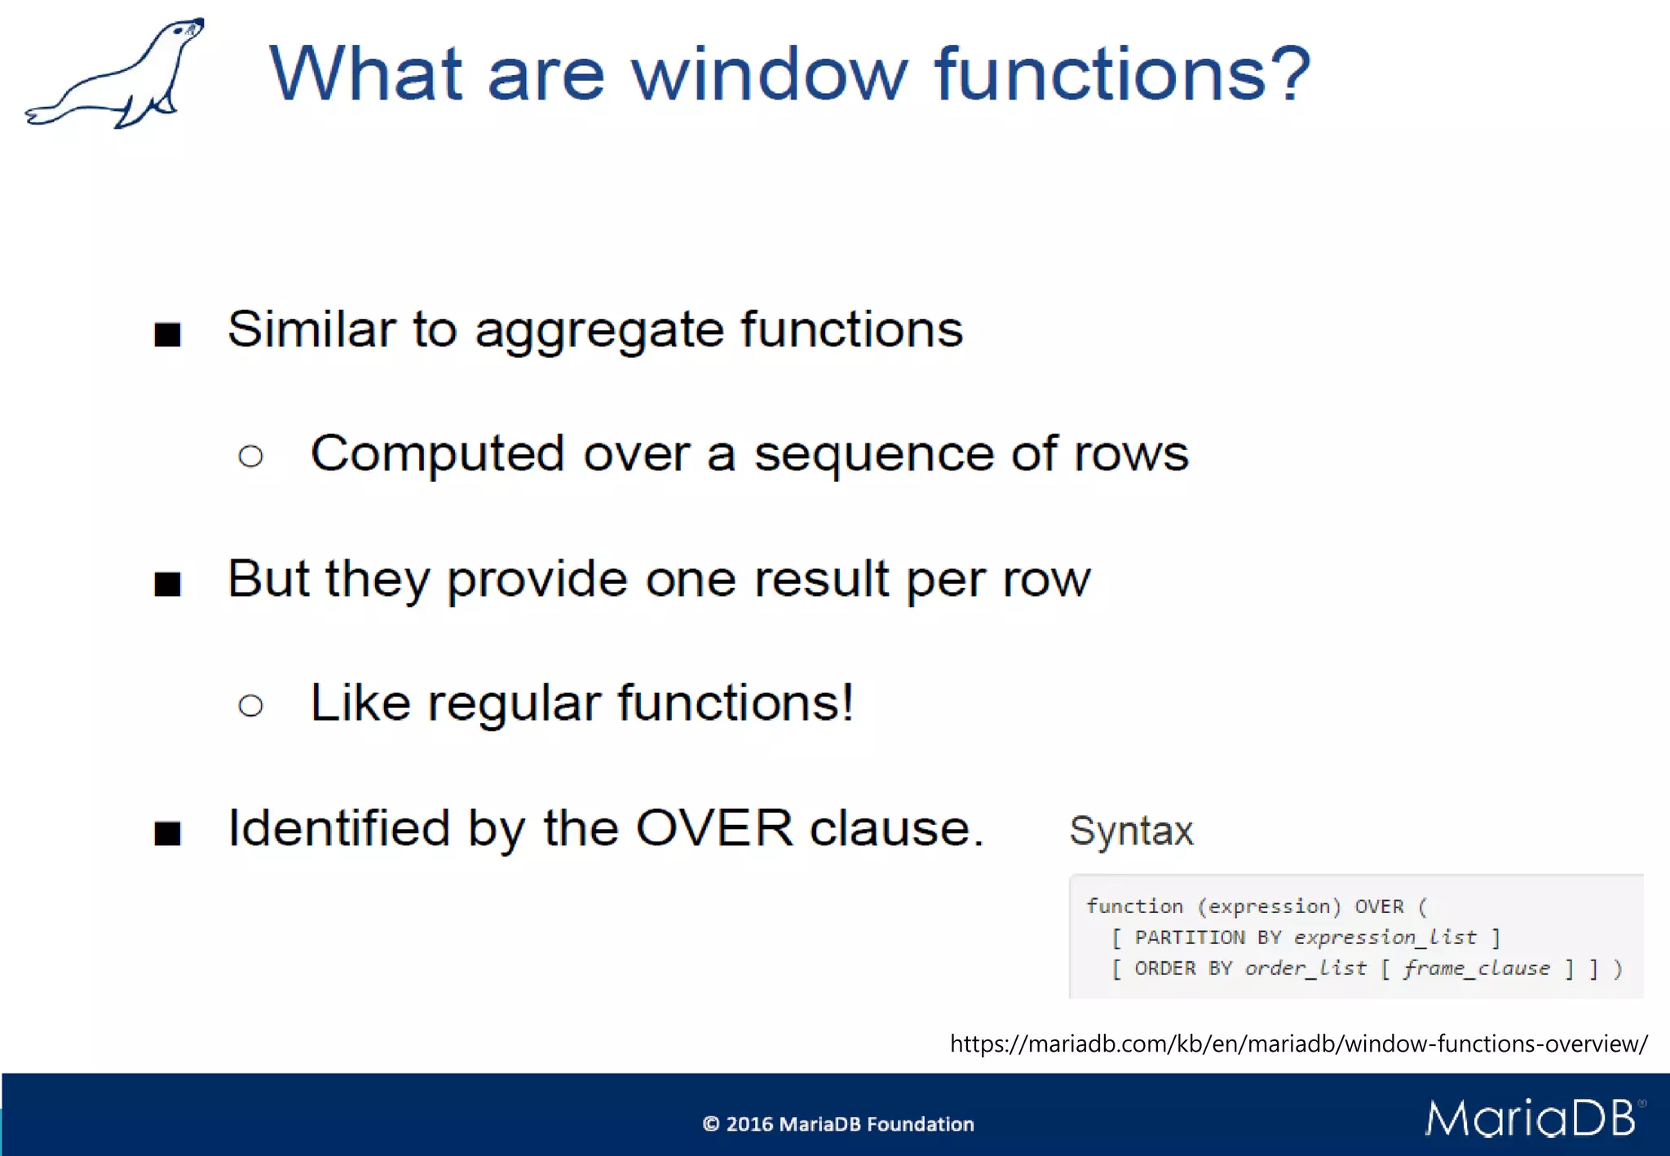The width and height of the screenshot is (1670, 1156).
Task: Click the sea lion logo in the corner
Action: [114, 75]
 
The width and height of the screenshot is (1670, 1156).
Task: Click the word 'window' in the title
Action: [769, 75]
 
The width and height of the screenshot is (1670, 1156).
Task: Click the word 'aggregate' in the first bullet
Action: [599, 331]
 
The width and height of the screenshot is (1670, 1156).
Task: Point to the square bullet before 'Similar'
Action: [167, 334]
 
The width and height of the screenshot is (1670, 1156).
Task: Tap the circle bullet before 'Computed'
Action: [251, 456]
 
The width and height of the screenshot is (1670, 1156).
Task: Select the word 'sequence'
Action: [873, 455]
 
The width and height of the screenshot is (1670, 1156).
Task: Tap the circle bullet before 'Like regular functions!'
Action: [251, 705]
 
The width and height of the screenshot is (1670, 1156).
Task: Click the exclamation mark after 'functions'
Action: [847, 702]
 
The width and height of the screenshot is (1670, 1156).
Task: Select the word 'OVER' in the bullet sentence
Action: [714, 828]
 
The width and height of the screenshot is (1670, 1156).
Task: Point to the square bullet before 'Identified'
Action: [167, 833]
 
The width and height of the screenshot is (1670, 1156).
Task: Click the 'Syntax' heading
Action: [1131, 832]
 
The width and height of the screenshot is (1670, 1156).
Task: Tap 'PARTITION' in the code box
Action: [1189, 938]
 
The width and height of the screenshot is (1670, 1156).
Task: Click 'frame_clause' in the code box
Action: [1476, 968]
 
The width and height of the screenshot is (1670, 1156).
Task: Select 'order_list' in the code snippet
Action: [1306, 968]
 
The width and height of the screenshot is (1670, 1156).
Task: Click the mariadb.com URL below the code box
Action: [1298, 1043]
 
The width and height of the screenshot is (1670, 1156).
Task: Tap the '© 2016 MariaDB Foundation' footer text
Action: [837, 1124]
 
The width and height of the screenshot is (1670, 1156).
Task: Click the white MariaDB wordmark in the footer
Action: [1531, 1118]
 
